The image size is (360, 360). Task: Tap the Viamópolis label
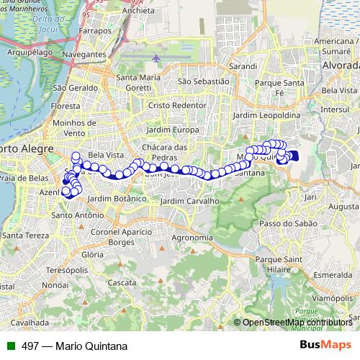point(331,297)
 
